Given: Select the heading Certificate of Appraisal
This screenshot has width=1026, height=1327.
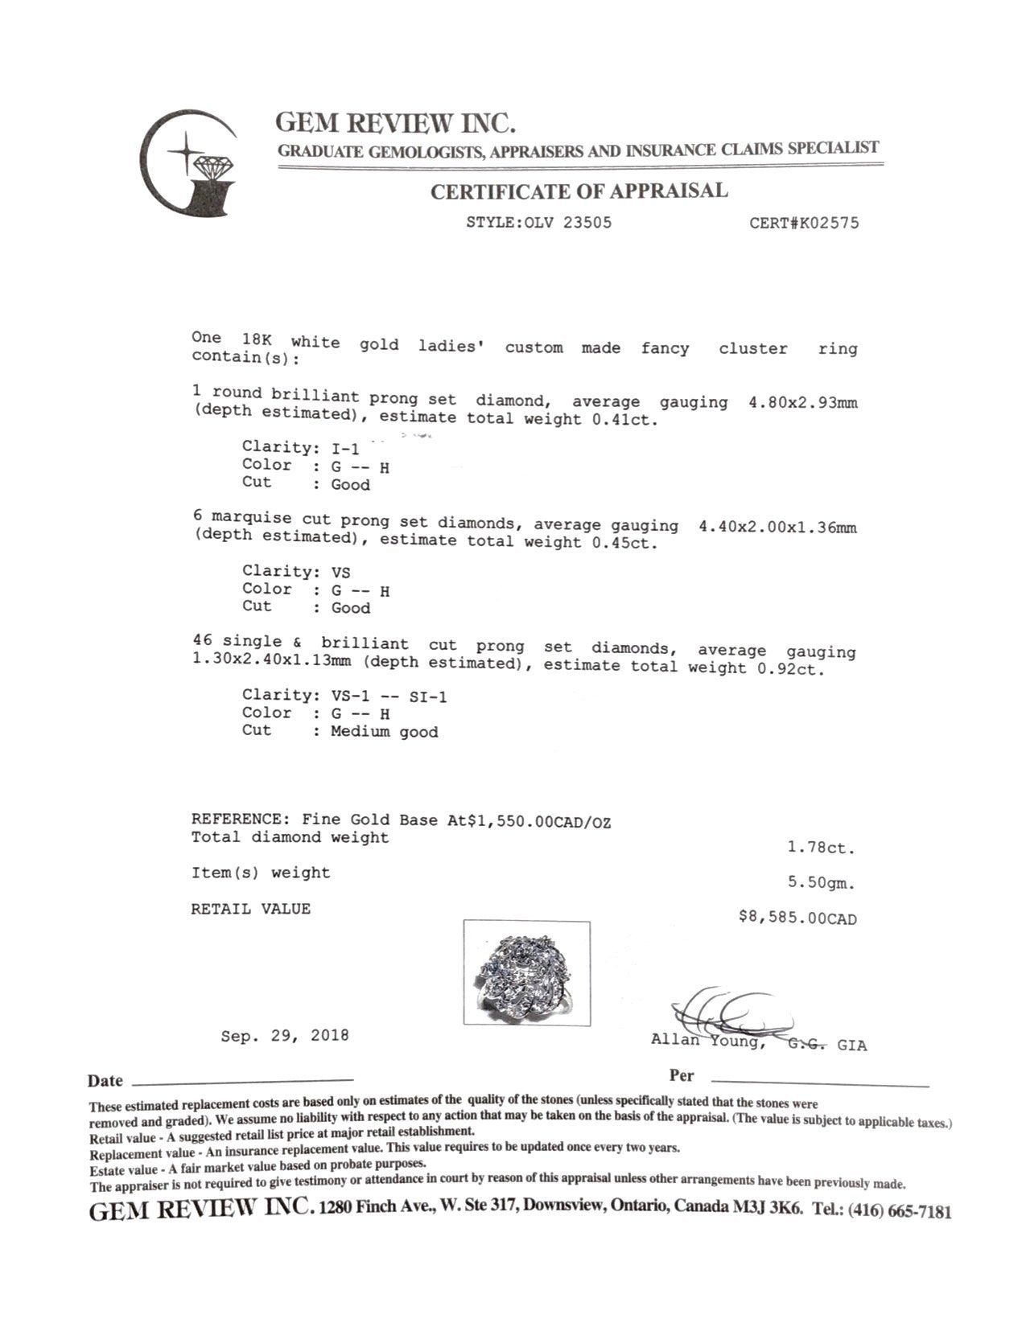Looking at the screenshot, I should coord(579,191).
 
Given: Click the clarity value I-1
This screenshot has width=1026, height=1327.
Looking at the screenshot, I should coord(345,449).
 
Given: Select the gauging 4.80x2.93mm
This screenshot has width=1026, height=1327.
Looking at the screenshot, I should coord(802,402).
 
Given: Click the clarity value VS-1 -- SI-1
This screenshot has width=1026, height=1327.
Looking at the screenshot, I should coord(389,696).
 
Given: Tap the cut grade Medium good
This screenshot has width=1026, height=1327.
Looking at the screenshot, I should coord(384,732).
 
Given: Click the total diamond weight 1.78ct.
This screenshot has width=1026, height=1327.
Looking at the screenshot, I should coord(821,848).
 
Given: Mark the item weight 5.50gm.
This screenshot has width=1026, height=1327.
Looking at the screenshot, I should coord(821,883).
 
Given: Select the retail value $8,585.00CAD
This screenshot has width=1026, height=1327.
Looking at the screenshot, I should coord(797,918).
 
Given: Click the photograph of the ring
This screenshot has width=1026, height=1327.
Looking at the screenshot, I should coord(526,973).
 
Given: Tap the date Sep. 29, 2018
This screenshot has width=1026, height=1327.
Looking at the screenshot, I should coord(285,1036).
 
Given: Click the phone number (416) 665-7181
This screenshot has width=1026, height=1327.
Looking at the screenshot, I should coord(899,1210).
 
